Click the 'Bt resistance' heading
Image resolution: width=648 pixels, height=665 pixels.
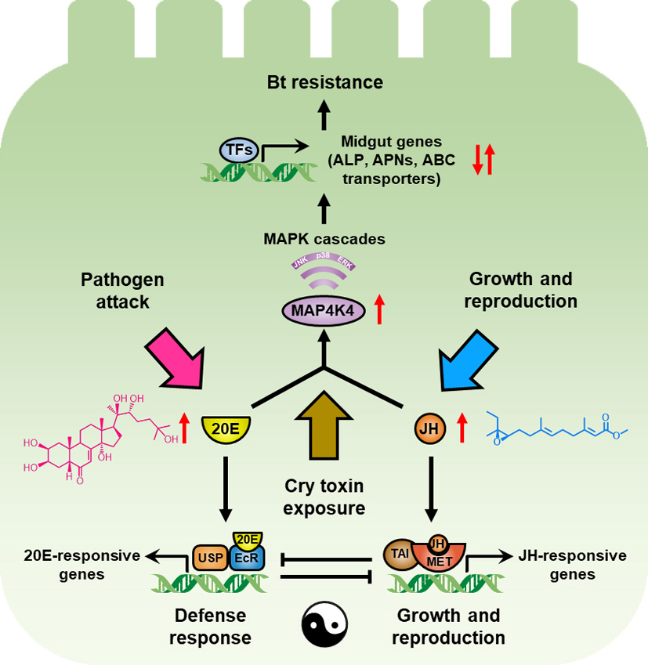click(324, 81)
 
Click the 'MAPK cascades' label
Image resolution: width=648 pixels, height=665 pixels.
click(325, 239)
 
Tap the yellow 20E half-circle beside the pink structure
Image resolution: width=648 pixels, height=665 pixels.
click(226, 428)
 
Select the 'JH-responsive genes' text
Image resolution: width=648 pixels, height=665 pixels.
click(572, 565)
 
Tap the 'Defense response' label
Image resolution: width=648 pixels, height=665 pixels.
click(210, 626)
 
